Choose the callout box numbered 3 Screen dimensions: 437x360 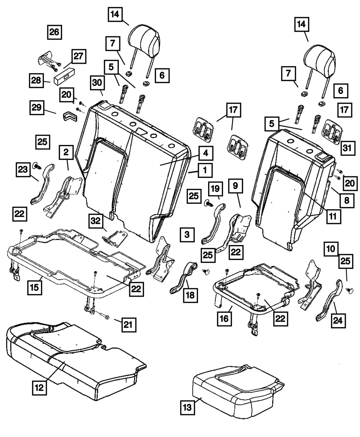187,235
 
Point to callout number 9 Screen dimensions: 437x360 235,186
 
